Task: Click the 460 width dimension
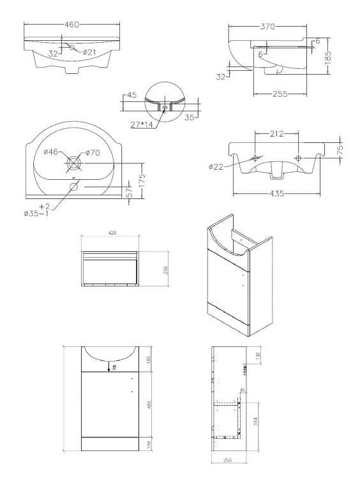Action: click(71, 24)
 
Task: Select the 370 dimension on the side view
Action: click(267, 27)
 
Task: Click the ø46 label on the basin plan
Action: click(52, 152)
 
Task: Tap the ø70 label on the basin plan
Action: click(93, 152)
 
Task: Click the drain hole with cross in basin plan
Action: click(73, 163)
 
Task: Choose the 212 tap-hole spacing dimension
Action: click(276, 134)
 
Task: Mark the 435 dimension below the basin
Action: click(276, 193)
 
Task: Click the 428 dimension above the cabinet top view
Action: click(111, 234)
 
